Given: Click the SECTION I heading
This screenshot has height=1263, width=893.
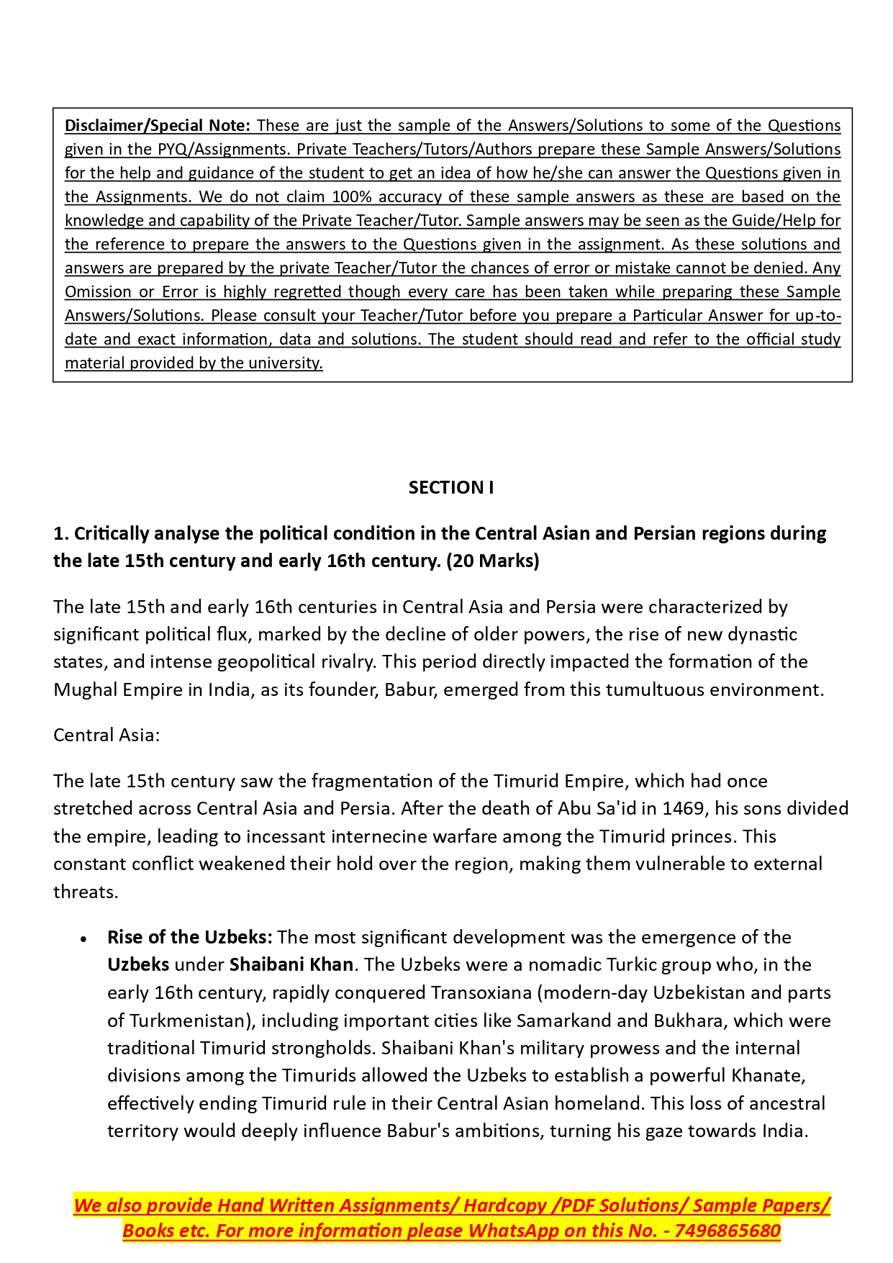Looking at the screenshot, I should pyautogui.click(x=450, y=488).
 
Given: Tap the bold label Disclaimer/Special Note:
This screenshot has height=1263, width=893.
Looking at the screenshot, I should pyautogui.click(x=157, y=126).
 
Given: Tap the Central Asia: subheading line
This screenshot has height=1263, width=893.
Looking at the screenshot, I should pyautogui.click(x=106, y=735).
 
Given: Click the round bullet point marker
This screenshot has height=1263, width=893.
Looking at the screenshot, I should pyautogui.click(x=84, y=939).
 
